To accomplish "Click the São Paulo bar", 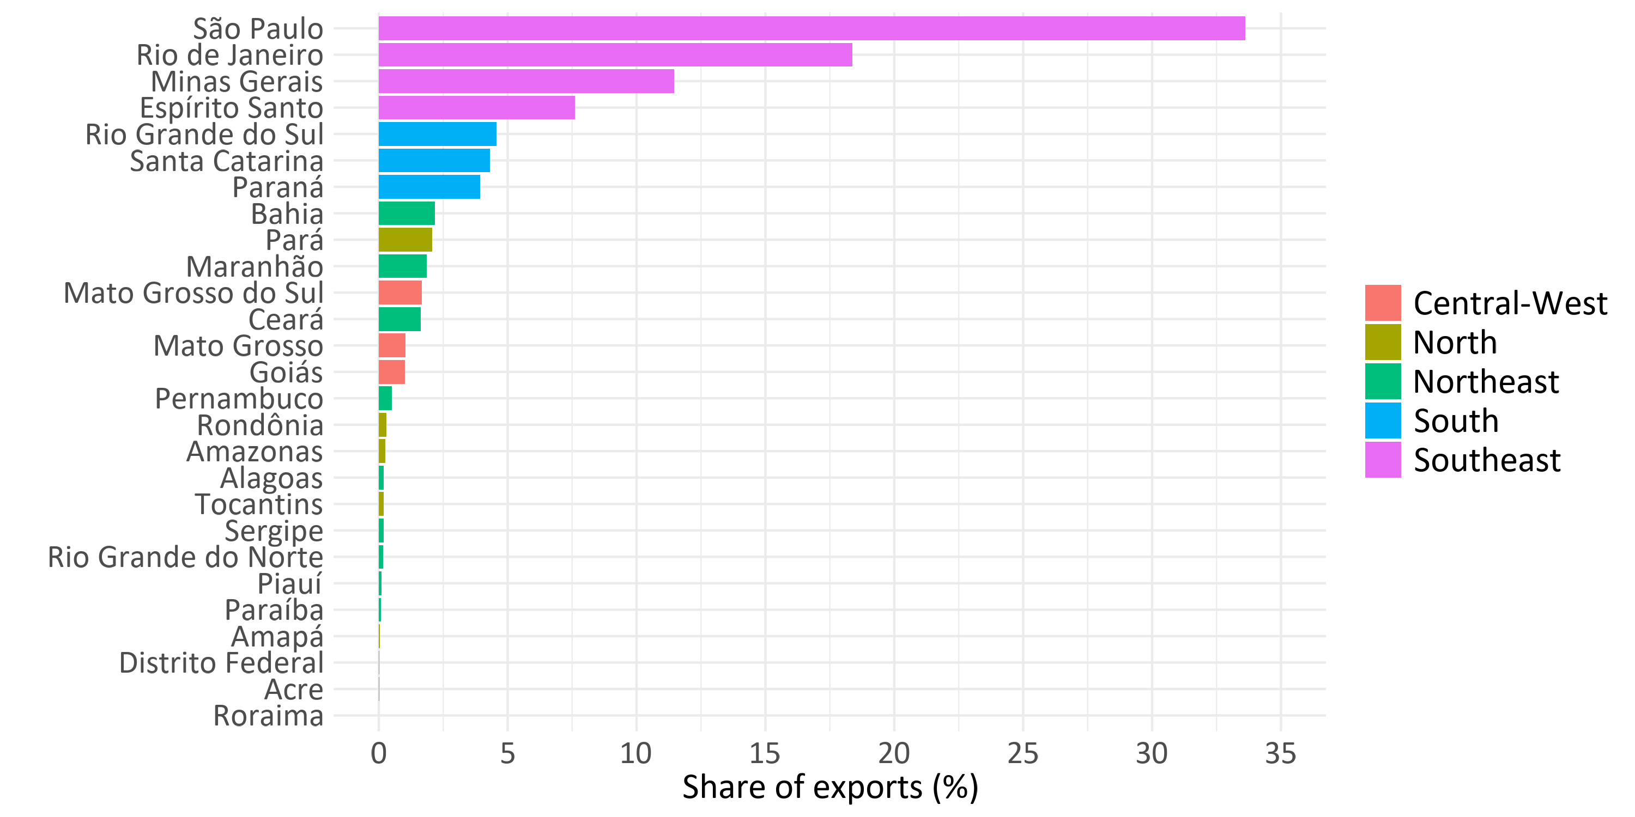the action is pos(812,28).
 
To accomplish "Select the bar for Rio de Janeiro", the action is pos(616,55).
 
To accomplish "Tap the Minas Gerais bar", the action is pos(526,81).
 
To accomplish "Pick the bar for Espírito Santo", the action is pos(477,108).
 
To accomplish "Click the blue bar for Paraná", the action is pos(429,187).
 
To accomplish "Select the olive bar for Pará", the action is pos(405,240).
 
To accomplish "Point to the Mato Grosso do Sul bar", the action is pos(400,293).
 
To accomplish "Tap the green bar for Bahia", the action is pos(407,214).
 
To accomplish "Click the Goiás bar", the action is pos(392,373).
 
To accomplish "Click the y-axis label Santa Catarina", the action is pos(227,161).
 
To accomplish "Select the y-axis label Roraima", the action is pos(269,716).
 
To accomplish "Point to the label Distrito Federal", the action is pos(221,663).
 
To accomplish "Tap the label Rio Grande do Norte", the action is pos(185,558).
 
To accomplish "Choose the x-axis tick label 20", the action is pos(894,754).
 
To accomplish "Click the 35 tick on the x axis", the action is pos(1281,754).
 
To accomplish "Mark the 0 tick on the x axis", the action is pos(379,754).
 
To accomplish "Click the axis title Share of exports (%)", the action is pos(830,788).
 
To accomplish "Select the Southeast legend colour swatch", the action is pos(1383,460).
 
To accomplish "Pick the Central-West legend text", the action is pos(1510,303).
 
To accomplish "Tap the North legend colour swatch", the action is pos(1383,343).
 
